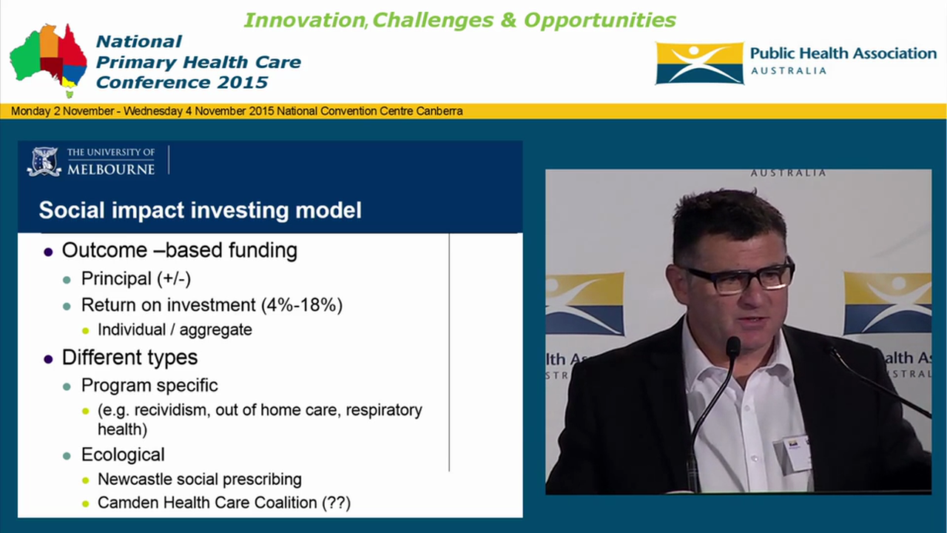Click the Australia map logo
48,59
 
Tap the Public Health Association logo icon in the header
699,63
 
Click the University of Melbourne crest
44,161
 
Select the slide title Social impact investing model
200,210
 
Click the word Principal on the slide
116,279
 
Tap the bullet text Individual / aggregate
175,330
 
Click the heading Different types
129,358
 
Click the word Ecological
123,455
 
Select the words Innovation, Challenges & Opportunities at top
459,20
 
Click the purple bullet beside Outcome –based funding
48,252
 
